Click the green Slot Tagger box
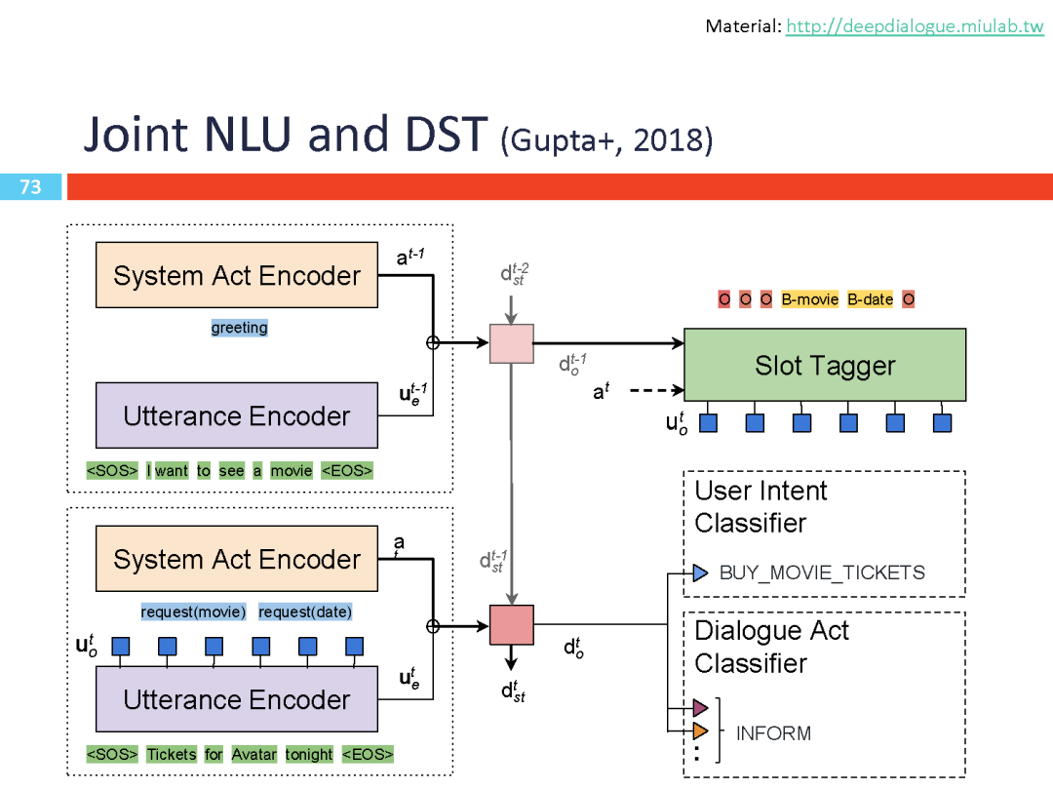825,365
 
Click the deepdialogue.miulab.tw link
915,26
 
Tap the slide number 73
30,186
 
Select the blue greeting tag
239,328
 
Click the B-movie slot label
809,299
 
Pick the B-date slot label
870,299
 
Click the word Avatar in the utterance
254,754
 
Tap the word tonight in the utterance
309,754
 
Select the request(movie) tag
193,612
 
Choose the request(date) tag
305,612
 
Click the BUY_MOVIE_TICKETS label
822,573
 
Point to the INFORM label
773,733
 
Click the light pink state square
511,343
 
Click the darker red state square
511,625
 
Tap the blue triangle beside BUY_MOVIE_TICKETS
700,573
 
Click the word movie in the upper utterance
292,471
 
